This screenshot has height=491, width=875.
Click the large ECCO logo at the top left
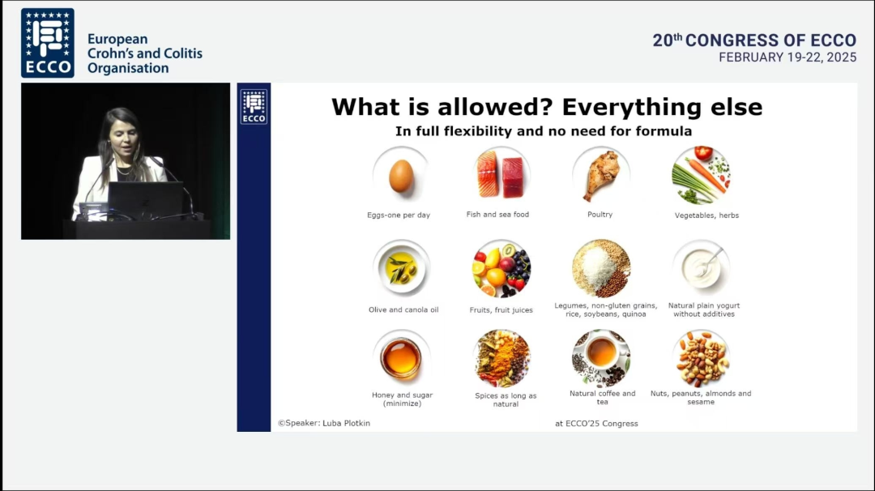coord(48,43)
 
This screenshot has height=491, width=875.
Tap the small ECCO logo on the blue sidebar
coord(254,107)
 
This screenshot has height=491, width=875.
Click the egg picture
coord(401,176)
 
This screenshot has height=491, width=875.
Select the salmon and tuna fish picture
coord(501,174)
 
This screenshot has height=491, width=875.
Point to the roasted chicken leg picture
coord(601,175)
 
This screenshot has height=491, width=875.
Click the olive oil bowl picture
coord(401,268)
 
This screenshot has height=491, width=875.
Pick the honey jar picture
coord(401,358)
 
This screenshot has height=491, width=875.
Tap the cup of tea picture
coord(601,358)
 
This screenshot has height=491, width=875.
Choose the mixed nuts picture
coord(702,358)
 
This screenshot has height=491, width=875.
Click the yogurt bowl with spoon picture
coord(702,268)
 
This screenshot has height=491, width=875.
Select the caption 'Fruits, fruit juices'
coord(502,310)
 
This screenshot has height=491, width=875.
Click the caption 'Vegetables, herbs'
coord(706,216)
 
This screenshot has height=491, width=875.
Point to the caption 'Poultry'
coord(600,214)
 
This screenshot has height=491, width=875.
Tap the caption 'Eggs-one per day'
coord(399,215)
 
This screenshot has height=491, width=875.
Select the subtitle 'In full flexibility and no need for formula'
coord(544,131)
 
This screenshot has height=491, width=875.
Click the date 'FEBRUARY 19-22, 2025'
coord(787,58)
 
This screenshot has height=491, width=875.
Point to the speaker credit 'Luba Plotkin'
coord(346,423)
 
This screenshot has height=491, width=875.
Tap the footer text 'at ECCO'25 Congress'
coord(596,424)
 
